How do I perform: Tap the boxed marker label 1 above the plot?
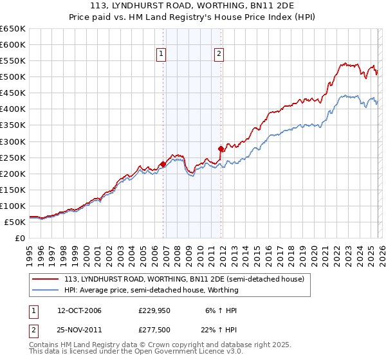click(160, 55)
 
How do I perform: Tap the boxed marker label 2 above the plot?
click(219, 55)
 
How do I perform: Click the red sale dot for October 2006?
click(163, 164)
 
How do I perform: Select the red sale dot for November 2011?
click(221, 148)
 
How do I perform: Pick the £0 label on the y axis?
click(19, 238)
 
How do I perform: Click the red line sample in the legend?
click(46, 279)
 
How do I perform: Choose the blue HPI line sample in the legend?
click(46, 290)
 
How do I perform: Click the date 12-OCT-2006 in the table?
click(79, 310)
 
